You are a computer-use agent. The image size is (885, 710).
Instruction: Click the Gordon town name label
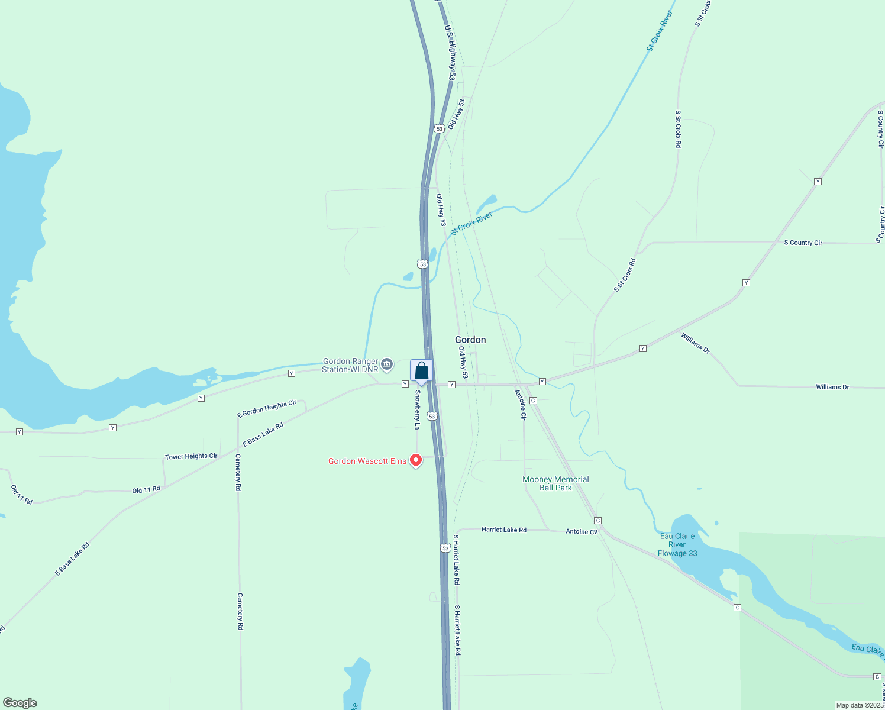[x=470, y=340]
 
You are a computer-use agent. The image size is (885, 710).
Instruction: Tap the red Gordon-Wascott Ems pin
[x=416, y=460]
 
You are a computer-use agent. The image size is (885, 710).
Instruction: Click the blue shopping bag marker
[x=421, y=371]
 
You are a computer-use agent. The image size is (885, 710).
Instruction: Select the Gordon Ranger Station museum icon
[x=387, y=363]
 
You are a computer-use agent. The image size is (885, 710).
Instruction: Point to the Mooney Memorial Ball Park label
[x=555, y=483]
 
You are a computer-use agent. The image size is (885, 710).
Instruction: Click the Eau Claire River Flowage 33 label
[x=677, y=545]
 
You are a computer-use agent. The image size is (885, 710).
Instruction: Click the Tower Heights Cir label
[x=191, y=456]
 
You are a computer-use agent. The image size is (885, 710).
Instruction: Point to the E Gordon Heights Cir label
[x=267, y=409]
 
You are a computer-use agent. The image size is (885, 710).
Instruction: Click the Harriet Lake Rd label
[x=504, y=530]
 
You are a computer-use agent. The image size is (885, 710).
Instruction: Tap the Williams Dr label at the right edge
[x=832, y=387]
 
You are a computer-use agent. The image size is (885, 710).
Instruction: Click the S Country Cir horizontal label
[x=803, y=243]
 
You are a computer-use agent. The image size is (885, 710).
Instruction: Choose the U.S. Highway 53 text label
[x=450, y=53]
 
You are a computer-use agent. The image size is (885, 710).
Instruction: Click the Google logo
[x=20, y=703]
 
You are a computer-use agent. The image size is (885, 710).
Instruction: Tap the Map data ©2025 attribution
[x=860, y=705]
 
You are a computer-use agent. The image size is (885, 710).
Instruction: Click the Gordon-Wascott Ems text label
[x=367, y=461]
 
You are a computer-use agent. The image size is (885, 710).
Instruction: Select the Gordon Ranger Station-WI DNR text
[x=350, y=365]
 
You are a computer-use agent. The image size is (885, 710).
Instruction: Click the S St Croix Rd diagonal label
[x=625, y=275]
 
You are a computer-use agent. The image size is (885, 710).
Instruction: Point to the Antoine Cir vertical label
[x=521, y=405]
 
